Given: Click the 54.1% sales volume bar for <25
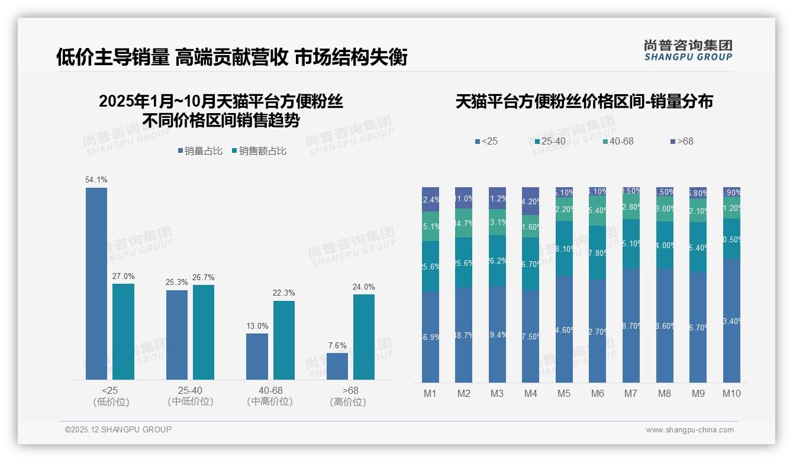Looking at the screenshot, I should tap(96, 284).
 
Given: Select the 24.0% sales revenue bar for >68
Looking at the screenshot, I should tap(364, 337).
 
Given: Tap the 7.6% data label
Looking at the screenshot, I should tap(337, 345).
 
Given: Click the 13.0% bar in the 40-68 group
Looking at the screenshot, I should tap(257, 357).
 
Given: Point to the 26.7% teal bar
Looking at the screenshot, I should tap(204, 332).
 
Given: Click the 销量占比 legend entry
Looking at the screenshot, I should tap(200, 151).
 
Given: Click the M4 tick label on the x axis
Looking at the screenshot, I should tap(530, 393).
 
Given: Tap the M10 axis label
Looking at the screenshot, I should tap(731, 393).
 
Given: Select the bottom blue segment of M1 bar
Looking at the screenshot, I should tap(431, 336).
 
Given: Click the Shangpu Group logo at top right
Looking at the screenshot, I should tap(688, 50).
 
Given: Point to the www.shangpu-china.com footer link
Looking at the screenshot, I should tap(689, 430).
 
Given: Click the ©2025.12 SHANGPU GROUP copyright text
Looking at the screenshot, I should tap(118, 429).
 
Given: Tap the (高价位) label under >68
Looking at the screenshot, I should tap(347, 402).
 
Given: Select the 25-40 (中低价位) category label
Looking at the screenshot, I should tap(190, 396).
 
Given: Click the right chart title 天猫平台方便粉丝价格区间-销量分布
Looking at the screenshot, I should tap(584, 101).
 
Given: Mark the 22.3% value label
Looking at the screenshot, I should tap(283, 293).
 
